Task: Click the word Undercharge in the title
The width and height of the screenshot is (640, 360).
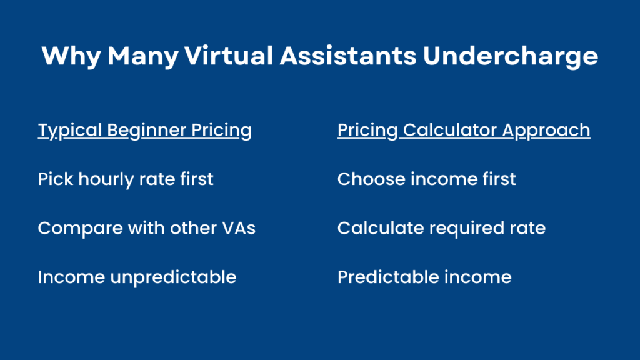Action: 510,56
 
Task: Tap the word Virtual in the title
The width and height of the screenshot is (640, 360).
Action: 229,56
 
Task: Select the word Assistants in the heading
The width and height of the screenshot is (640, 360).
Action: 347,56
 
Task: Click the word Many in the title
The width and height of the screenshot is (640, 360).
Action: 143,56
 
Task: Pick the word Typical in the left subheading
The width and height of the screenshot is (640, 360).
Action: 70,131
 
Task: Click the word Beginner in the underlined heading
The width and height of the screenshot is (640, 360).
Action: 146,131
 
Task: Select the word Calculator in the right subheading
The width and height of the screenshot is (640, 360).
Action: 450,130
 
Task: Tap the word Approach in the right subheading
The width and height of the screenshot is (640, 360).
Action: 546,131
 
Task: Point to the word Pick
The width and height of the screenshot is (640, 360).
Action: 56,179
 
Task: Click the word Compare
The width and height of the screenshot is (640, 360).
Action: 81,229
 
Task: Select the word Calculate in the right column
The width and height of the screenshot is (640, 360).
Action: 381,227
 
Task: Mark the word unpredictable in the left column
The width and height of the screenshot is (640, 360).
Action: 174,277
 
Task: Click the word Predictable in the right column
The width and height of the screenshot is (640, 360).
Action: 388,277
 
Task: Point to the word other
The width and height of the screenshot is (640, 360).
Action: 194,227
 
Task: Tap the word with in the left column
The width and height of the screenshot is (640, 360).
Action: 146,227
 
